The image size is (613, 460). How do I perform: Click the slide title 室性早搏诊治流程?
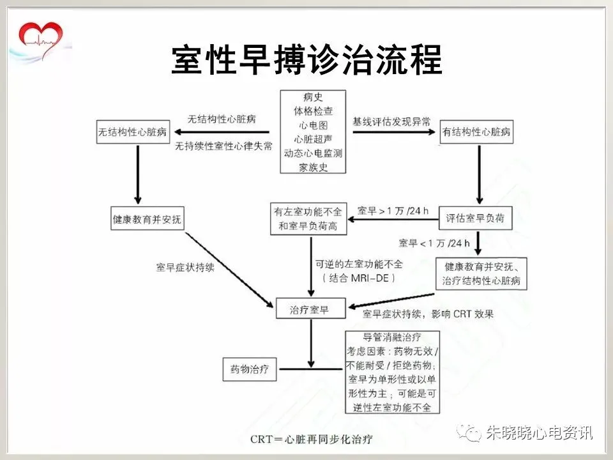point(306,61)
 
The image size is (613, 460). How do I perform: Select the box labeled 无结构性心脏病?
point(133,132)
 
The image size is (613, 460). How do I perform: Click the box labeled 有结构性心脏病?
point(477,132)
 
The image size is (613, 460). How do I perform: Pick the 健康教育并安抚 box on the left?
point(146,218)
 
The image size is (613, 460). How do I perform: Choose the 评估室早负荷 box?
point(476,218)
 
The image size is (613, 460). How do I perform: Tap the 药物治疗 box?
point(249,369)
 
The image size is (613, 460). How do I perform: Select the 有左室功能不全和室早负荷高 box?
point(308,218)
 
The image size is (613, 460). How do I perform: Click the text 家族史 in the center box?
point(313,167)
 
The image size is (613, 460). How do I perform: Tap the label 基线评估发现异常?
point(391,120)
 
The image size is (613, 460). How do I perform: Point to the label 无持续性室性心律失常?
point(224,146)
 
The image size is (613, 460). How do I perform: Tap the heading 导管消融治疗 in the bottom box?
point(391,337)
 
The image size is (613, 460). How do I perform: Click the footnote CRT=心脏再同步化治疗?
point(311,440)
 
